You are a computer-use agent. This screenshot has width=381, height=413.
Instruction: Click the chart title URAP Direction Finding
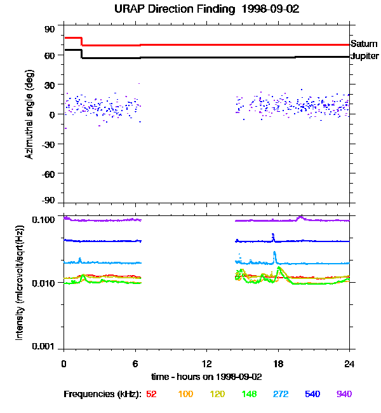point(191,10)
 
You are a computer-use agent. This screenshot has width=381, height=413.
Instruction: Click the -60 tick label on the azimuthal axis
point(50,173)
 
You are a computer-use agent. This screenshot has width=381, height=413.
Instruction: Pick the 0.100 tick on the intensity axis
point(44,219)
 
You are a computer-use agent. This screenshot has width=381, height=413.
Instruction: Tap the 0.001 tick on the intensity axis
point(44,347)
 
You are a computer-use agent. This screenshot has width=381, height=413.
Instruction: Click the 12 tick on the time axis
point(207,363)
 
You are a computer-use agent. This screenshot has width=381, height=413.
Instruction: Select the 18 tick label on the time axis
point(278,363)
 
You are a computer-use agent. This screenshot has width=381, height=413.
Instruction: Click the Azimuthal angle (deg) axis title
point(29,114)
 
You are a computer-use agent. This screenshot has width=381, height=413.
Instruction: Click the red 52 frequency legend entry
point(151,394)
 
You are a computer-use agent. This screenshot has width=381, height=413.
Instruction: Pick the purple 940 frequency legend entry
point(344,394)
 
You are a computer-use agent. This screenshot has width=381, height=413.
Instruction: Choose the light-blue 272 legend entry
point(280,394)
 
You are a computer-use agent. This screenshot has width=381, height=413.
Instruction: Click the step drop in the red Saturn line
point(83,41)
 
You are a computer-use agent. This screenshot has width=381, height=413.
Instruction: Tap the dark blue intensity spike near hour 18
point(274,236)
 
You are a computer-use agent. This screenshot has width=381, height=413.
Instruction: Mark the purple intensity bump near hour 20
point(300,217)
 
